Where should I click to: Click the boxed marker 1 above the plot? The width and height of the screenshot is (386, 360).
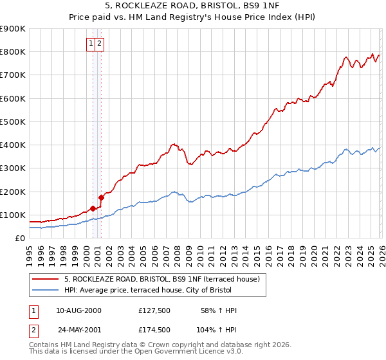coord(92,44)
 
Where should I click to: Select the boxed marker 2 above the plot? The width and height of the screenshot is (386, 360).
coord(101,44)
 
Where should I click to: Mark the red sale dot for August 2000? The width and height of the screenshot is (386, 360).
coord(93,208)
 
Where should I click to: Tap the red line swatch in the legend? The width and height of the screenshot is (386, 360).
coord(46,279)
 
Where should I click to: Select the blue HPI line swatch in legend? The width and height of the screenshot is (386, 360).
coord(46,290)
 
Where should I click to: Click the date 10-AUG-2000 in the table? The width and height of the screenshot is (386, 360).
coord(78,310)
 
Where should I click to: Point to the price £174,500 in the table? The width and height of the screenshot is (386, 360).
coord(154,329)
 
